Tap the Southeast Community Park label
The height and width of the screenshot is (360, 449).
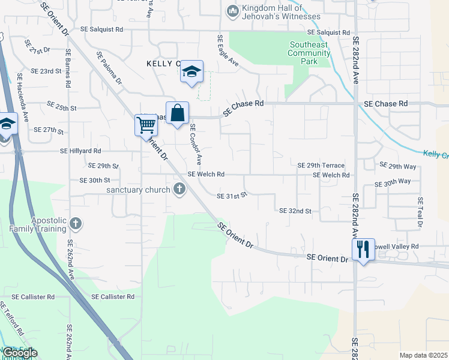tap(309, 53)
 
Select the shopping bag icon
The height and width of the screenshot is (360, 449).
tap(178, 113)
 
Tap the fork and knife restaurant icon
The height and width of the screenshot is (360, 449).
tap(363, 248)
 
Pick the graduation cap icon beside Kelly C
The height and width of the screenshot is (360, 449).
tap(191, 72)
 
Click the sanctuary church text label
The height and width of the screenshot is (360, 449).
tap(139, 190)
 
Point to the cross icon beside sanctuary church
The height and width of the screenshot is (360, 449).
tap(179, 190)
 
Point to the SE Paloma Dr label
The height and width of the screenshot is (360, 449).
tap(109, 67)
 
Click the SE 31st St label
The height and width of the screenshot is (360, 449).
tap(232, 196)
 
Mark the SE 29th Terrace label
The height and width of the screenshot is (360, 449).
tap(321, 165)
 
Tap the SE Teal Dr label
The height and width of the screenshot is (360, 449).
tap(420, 211)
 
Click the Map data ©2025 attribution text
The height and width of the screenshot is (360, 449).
tap(423, 355)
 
